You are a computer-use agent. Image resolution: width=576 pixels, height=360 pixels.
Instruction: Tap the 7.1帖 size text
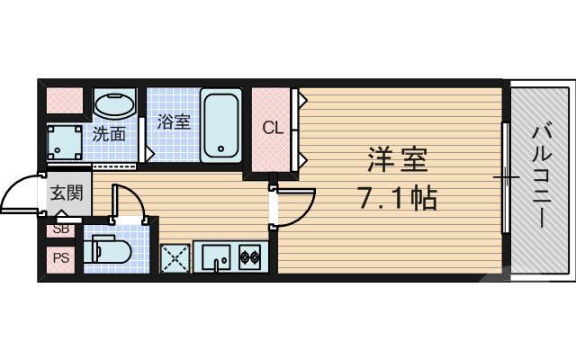pos(397,197)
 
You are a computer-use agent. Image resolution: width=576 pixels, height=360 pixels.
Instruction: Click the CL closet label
pos(272,128)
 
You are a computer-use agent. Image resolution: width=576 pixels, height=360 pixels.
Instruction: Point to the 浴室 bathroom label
pos(174,121)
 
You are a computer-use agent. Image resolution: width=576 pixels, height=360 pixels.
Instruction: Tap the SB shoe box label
pos(60,229)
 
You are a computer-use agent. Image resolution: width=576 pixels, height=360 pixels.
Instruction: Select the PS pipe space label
pos(60,259)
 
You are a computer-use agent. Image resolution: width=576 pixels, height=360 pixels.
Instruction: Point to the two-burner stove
pos(248,259)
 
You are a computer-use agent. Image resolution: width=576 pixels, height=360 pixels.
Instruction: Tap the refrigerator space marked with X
pos(175,258)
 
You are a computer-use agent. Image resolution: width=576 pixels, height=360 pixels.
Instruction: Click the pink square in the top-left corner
pos(64,98)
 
